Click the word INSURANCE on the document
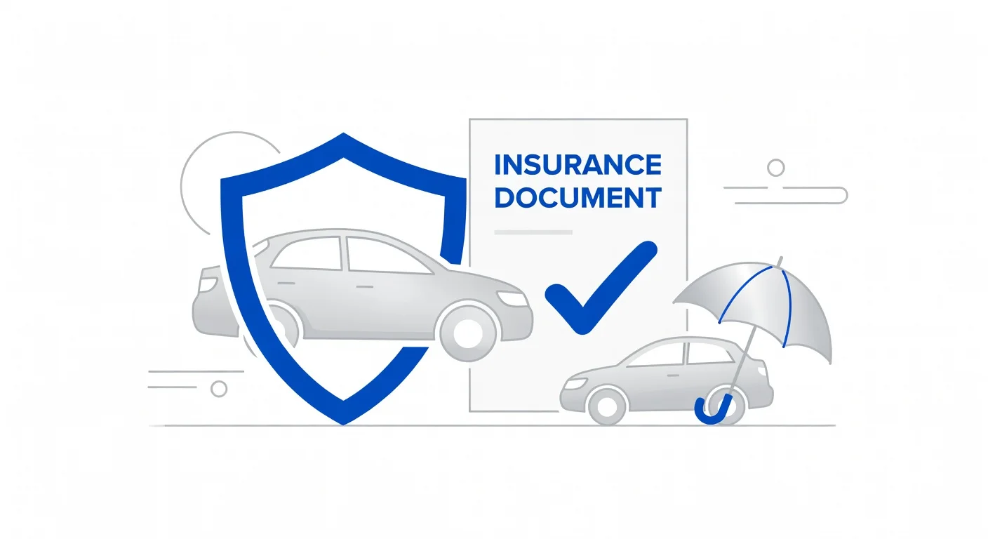click(x=578, y=164)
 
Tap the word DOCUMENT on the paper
click(x=578, y=197)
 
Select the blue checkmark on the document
click(x=601, y=288)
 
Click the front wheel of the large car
click(x=467, y=333)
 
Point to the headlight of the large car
click(x=512, y=298)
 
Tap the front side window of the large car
click(x=388, y=256)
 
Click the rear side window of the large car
click(x=308, y=253)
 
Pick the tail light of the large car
click(x=207, y=284)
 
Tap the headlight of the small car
click(x=575, y=383)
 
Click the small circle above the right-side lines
click(x=776, y=168)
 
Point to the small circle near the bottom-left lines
click(x=219, y=389)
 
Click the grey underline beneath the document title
click(x=533, y=232)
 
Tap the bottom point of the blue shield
click(x=343, y=425)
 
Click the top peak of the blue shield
click(x=343, y=133)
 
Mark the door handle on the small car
click(x=673, y=375)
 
